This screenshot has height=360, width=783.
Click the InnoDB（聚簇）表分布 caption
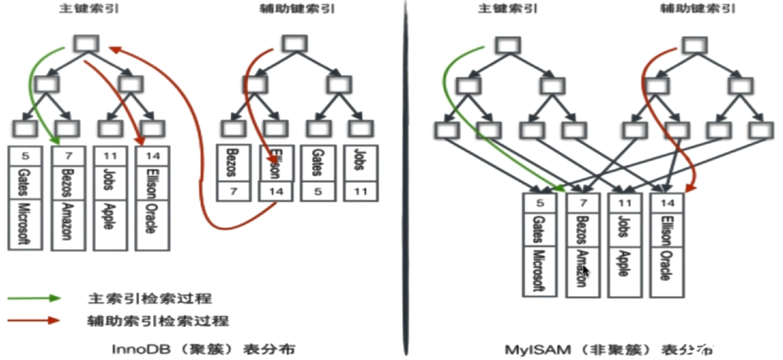(x=204, y=348)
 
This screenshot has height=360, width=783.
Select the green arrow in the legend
(x=35, y=298)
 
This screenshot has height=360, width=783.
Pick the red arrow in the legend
(x=35, y=319)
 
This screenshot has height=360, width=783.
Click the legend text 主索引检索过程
(x=149, y=298)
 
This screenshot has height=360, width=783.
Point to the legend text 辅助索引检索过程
(x=158, y=320)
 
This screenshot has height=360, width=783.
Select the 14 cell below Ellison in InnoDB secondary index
(x=276, y=192)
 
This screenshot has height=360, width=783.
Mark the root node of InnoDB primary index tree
(x=86, y=43)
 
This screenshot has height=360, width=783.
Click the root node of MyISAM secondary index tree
(x=695, y=45)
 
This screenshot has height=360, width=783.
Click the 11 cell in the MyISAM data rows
(x=624, y=203)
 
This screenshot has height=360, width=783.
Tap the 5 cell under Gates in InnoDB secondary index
(x=318, y=192)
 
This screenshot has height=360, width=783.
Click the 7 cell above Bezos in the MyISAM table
(x=582, y=203)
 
